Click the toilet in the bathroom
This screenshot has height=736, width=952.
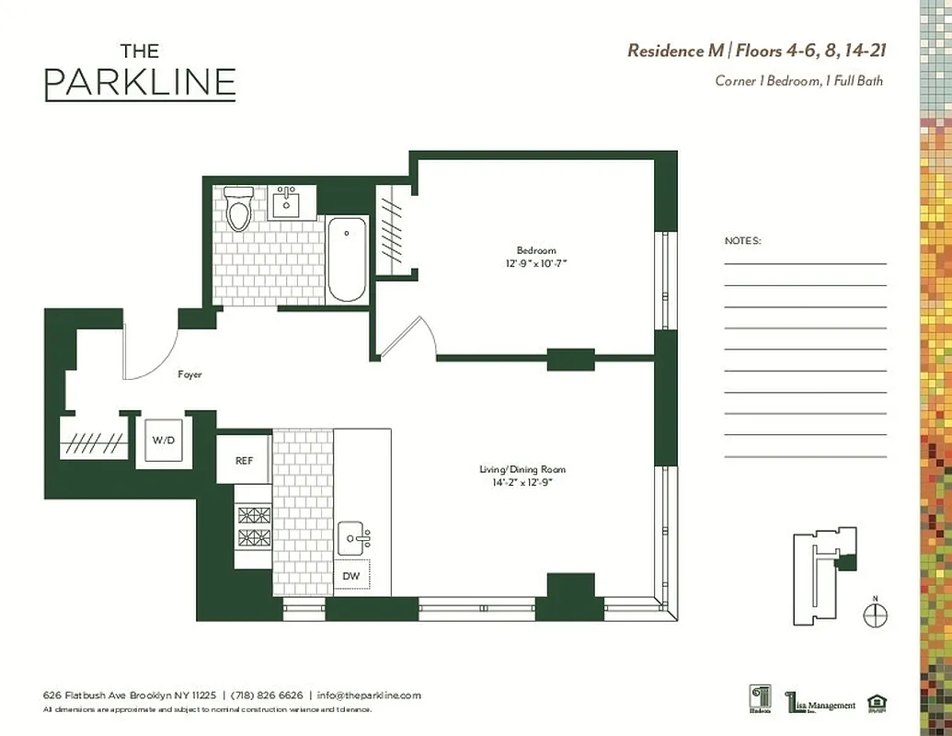(240, 209)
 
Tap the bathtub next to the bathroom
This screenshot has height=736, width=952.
(347, 259)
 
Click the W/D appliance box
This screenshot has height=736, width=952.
(163, 442)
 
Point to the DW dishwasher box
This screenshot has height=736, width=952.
(351, 575)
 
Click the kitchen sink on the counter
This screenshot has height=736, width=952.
(351, 535)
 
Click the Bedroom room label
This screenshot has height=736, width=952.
(536, 251)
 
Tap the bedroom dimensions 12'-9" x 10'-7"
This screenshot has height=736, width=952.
(536, 264)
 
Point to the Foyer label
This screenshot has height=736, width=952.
(189, 374)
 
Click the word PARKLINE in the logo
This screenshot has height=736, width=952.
(140, 83)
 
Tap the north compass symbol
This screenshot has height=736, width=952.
(876, 615)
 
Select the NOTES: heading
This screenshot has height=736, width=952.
(743, 241)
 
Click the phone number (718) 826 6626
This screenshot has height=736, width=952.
(266, 696)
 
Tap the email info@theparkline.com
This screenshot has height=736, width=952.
(369, 696)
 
